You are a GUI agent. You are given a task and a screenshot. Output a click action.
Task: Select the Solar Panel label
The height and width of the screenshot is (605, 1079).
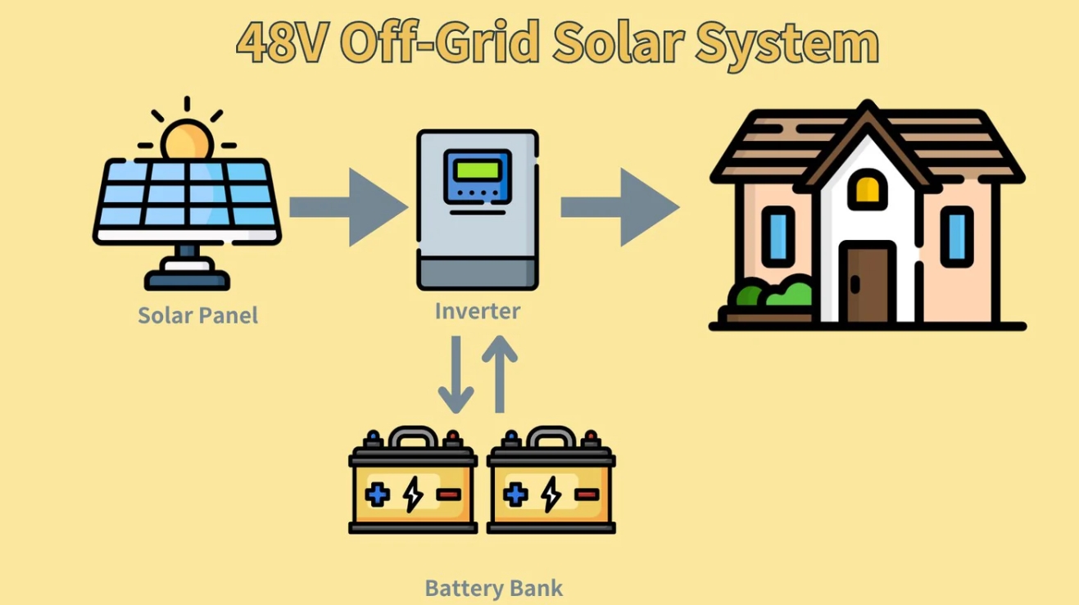point(197,315)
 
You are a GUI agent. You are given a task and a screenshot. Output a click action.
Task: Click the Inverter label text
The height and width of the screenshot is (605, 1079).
point(477,311)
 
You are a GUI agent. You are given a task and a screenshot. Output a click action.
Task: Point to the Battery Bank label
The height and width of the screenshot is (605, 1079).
point(493,588)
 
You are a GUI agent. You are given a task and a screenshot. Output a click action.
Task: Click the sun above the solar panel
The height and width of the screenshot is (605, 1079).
point(187,139)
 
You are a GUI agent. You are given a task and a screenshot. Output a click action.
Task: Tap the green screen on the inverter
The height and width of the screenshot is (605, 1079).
point(478,170)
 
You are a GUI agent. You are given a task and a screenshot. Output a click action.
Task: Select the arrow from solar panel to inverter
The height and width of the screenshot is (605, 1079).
point(348,207)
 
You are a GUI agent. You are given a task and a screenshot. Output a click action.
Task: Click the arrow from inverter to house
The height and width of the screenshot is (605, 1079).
point(620,207)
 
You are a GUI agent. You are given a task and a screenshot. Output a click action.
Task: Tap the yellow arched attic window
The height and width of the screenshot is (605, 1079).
point(868,190)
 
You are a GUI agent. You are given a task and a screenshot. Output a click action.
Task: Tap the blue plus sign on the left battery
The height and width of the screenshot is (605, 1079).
point(378,494)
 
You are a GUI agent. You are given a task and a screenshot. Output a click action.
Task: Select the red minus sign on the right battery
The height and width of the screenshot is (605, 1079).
point(587,494)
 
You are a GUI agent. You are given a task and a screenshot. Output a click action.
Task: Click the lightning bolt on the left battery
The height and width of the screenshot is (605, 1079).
point(413,494)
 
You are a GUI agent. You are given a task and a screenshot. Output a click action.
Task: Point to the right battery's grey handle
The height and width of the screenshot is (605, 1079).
point(551,436)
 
